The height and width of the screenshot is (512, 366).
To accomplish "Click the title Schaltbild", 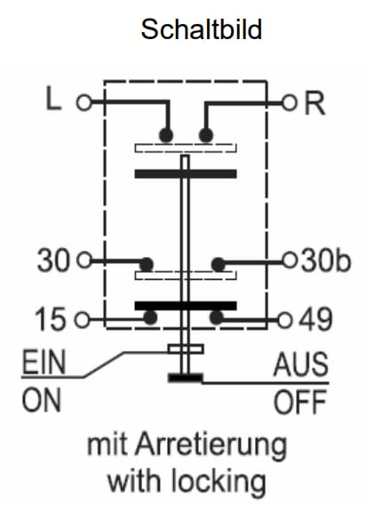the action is tap(202, 29).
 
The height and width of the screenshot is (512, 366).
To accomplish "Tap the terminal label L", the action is tap(53, 98).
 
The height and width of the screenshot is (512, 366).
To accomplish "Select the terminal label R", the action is tap(314, 103).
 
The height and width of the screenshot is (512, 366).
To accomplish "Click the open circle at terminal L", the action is tap(84, 102).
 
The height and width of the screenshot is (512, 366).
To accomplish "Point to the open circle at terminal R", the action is tap(290, 103).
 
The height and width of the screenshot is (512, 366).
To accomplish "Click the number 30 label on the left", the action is tap(53, 260).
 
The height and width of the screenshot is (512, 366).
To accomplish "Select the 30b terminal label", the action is tap(325, 260).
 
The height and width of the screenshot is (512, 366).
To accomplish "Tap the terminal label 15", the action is tap(51, 319).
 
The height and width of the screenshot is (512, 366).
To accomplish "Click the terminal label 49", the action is tap(316, 320).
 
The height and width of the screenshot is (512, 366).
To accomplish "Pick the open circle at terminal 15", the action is tap(83, 319).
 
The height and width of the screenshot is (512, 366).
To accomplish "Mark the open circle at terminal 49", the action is tap(284, 320).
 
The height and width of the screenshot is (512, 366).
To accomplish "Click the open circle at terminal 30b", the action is tap(290, 260).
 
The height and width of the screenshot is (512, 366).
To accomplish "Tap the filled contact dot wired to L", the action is tap(166, 135).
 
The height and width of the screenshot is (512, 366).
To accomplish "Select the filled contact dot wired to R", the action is tap(206, 135).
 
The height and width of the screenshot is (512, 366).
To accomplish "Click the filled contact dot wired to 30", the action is tap(147, 265).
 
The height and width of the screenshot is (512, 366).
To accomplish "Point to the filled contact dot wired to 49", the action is tap(217, 317).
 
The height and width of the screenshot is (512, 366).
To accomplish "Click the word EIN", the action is tap(44, 362).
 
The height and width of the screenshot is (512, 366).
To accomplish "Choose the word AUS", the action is tap(301, 364).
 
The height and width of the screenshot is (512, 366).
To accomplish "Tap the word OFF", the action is tap(300, 403).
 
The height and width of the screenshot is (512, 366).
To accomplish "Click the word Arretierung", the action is tap(211, 445).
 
